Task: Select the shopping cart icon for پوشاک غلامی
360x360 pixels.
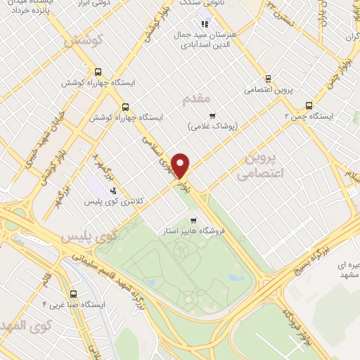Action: pos(212,115)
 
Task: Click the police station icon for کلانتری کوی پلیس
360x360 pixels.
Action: pos(112,190)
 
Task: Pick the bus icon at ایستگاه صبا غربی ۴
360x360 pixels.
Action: pos(73,294)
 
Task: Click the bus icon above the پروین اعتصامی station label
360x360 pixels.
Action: pos(268,79)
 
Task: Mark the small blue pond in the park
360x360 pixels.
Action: pos(233,278)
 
